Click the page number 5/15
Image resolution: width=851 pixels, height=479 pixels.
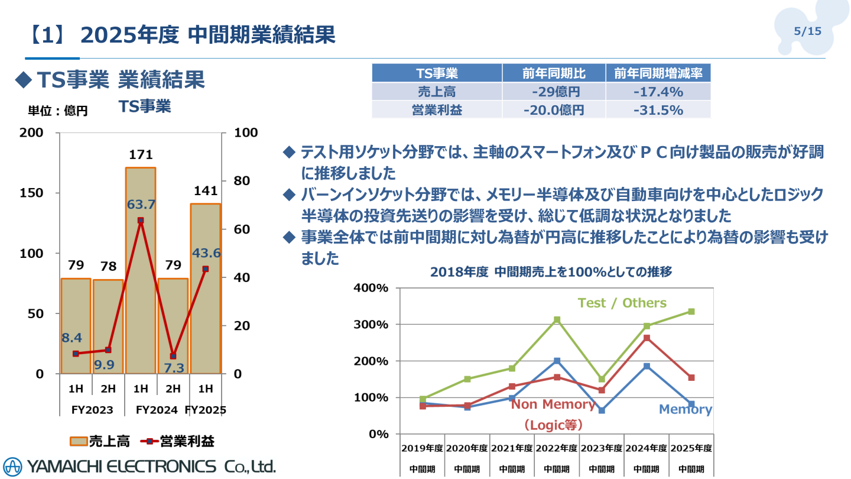(807, 31)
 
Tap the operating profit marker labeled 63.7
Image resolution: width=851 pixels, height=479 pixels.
(141, 220)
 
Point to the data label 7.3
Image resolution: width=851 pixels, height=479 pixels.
(174, 368)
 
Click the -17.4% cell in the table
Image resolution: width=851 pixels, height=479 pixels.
(658, 92)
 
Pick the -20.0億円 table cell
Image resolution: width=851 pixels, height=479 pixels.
(554, 110)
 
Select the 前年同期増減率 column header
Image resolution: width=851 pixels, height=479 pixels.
(658, 73)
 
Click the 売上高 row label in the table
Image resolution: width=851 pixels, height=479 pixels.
(437, 92)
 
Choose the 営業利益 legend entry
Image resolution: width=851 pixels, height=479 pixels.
(177, 441)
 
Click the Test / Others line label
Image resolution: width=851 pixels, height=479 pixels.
(622, 303)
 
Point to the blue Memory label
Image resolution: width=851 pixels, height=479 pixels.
(685, 409)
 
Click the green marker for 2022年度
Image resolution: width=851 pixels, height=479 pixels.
(557, 320)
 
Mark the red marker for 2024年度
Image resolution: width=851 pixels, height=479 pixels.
(647, 338)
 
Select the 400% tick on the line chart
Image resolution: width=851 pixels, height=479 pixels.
(371, 288)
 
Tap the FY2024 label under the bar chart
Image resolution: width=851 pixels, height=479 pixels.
(157, 410)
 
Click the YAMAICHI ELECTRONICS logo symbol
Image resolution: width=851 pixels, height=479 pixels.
(12, 466)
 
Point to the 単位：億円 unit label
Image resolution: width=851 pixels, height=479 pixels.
(58, 111)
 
